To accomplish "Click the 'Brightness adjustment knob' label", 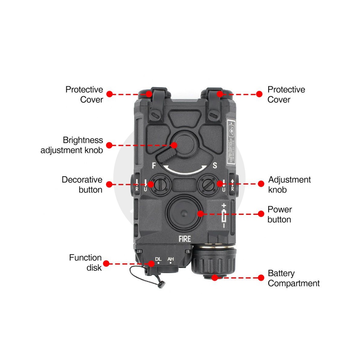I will (72, 145).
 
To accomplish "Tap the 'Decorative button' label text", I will (82, 184).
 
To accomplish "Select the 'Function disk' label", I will (85, 262).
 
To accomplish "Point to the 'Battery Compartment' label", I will (293, 278).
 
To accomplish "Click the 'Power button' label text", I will (279, 214).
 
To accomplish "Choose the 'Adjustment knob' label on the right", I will (289, 184).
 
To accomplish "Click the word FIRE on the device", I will (184, 239).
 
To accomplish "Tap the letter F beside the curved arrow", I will (154, 166).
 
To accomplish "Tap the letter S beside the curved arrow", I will (215, 166).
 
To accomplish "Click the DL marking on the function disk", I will (158, 259).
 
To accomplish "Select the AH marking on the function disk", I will (170, 259).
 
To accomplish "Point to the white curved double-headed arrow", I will (185, 170).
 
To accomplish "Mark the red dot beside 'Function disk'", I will (106, 264).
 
